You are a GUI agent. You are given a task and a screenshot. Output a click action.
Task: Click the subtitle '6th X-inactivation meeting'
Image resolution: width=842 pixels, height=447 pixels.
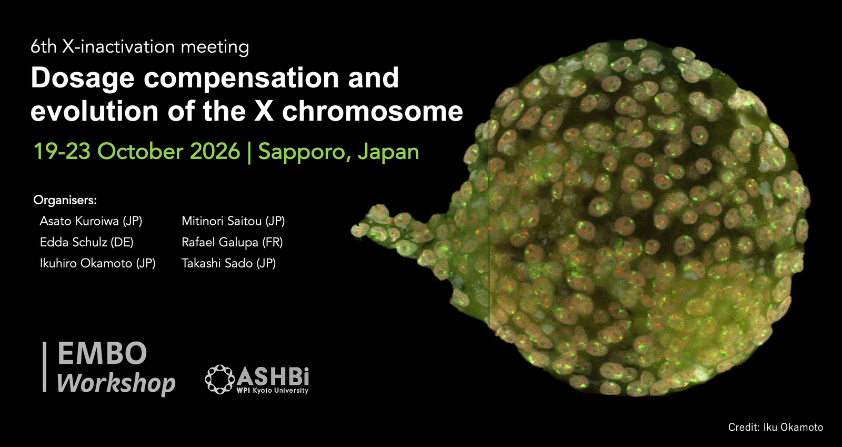click(x=140, y=47)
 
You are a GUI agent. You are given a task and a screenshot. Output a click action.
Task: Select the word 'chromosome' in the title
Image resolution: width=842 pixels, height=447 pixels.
click(x=373, y=111)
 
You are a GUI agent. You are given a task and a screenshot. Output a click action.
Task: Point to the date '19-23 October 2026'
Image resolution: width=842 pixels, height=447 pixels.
click(x=137, y=152)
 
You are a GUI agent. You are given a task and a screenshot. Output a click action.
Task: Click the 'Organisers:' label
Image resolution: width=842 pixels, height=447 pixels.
click(x=65, y=201)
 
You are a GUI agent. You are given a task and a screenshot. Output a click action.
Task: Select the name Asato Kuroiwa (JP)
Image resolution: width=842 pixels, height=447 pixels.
click(x=91, y=221)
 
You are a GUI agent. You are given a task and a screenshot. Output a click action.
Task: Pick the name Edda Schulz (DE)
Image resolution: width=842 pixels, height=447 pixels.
click(x=86, y=242)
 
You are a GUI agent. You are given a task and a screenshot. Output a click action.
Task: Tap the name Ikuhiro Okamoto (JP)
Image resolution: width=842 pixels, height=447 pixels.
click(x=98, y=263)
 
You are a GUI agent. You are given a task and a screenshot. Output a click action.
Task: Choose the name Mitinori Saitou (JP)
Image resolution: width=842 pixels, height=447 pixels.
click(x=233, y=221)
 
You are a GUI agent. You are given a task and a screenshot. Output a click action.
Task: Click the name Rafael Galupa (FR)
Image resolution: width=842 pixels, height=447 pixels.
click(x=232, y=242)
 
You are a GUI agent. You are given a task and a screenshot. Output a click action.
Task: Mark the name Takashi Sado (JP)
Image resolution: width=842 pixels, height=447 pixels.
click(x=229, y=263)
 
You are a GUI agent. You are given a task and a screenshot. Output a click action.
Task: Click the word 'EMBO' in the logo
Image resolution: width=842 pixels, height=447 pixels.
click(x=102, y=353)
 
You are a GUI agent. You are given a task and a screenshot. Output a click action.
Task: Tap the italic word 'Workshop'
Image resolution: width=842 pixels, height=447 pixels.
click(x=116, y=383)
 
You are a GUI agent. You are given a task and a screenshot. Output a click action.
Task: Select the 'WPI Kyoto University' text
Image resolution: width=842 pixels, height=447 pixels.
click(x=272, y=391)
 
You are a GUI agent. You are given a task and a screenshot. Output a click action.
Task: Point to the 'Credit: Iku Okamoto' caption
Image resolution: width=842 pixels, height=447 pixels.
click(x=776, y=428)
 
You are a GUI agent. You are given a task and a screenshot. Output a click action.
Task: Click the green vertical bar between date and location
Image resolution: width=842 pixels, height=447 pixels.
click(x=249, y=152)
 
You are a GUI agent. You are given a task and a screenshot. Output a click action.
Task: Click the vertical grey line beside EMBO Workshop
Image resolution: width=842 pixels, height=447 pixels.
click(x=44, y=367)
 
